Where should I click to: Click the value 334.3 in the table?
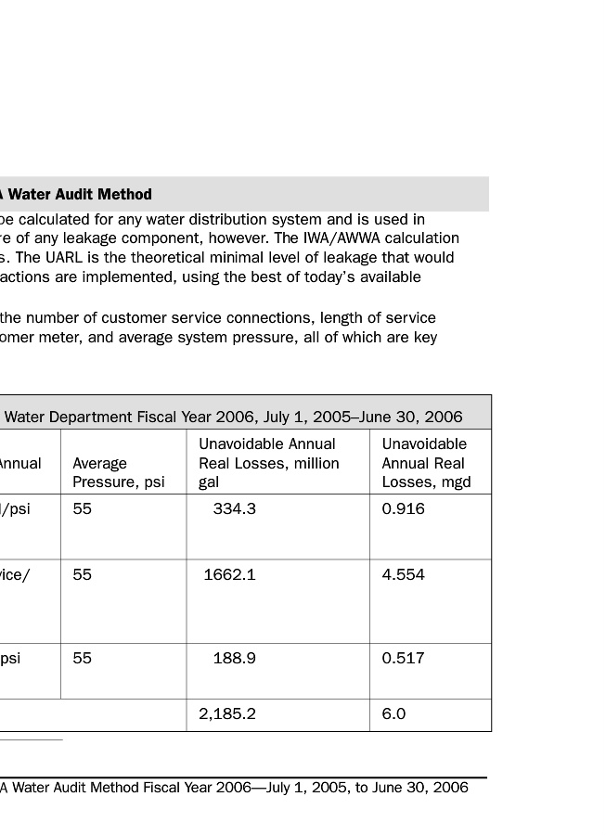[x=234, y=508]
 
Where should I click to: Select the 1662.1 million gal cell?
[x=229, y=574]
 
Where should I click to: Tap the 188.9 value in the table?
[x=234, y=658]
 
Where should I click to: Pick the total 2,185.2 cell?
[x=227, y=714]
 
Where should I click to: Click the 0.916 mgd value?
[x=404, y=508]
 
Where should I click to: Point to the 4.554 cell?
[x=404, y=574]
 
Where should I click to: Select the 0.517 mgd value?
[x=404, y=658]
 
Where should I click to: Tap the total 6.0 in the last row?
[x=393, y=714]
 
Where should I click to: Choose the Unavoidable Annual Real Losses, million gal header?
[x=269, y=463]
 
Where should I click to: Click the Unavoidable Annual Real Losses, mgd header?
[x=426, y=463]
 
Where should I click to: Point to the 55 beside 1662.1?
[x=83, y=574]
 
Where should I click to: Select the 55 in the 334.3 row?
[x=83, y=508]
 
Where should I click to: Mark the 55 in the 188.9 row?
[x=83, y=658]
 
